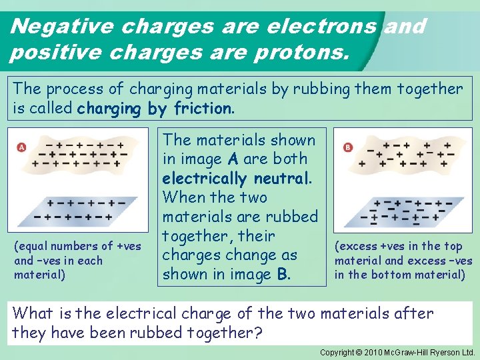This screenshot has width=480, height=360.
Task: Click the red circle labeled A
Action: (22, 147)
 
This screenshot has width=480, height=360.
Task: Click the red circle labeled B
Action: (347, 147)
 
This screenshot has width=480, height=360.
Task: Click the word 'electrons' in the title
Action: (321, 26)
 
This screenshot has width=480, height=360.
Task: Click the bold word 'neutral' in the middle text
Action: (279, 178)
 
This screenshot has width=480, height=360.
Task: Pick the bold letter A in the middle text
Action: (233, 159)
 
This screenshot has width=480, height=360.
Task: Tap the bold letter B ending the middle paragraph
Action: (282, 274)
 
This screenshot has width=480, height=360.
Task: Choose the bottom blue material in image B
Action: (408, 211)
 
